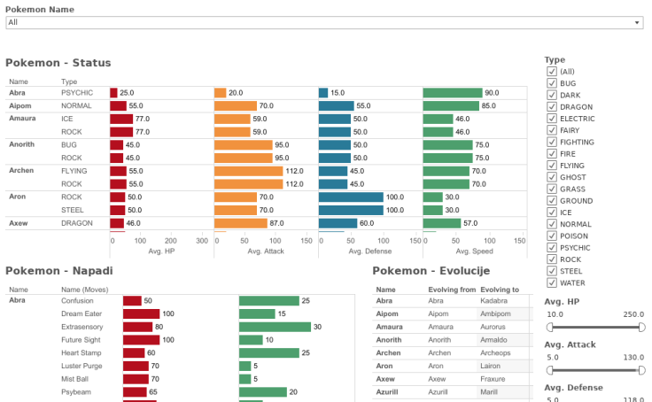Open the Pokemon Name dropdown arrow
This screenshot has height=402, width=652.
(x=637, y=22)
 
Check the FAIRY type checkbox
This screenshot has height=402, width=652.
(x=552, y=130)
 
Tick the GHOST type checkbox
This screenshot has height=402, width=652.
(x=552, y=177)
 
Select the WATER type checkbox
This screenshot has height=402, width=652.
(x=552, y=283)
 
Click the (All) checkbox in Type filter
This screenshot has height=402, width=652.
(x=552, y=72)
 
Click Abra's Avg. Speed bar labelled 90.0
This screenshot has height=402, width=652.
(x=452, y=93)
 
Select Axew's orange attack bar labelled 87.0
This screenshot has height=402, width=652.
(x=240, y=224)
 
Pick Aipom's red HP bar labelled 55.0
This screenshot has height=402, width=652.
(x=118, y=105)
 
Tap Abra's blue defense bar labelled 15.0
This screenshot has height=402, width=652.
(x=323, y=93)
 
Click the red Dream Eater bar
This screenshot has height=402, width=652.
(x=141, y=314)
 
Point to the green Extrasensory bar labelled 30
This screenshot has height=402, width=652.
(x=275, y=327)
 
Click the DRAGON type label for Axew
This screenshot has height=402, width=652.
(x=75, y=224)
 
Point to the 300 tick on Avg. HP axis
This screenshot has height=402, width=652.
(x=202, y=241)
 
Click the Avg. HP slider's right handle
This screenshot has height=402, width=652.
(x=640, y=327)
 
